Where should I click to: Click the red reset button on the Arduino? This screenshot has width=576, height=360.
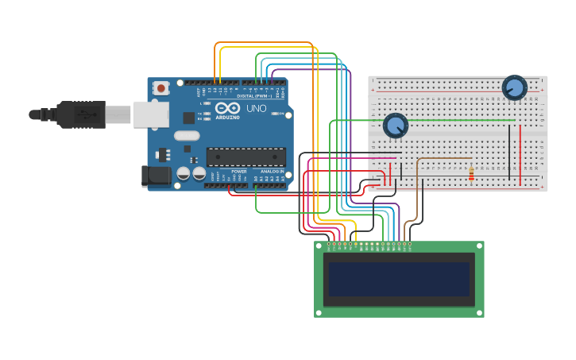[x=161, y=88]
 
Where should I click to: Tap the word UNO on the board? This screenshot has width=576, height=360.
[x=257, y=109]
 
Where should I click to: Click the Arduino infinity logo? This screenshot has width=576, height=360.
[x=227, y=109]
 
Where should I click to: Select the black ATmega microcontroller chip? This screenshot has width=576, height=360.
[x=245, y=157]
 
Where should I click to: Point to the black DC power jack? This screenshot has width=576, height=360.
[x=157, y=176]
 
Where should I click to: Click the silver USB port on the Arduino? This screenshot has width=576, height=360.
[x=150, y=114]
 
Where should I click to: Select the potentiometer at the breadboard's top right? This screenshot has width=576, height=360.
[x=514, y=87]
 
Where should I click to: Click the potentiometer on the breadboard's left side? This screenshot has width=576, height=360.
[x=395, y=126]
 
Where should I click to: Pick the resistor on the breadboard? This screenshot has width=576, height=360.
[x=471, y=173]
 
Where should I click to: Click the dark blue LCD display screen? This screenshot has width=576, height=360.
[x=399, y=280]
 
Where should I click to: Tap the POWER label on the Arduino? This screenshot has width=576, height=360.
[x=239, y=172]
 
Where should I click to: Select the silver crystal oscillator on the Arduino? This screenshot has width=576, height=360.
[x=187, y=135]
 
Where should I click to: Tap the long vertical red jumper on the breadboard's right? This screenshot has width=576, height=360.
[x=520, y=155]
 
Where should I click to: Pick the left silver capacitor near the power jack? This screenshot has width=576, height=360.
[x=184, y=172]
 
